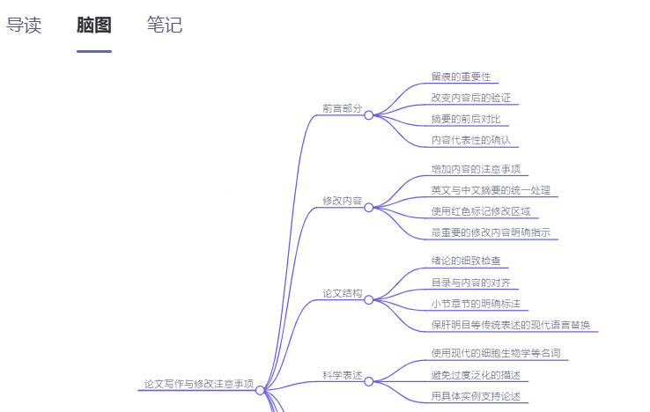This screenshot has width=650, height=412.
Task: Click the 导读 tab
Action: (x=24, y=25)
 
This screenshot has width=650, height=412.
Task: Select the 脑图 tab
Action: (x=94, y=25)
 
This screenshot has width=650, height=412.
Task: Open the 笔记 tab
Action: (x=165, y=25)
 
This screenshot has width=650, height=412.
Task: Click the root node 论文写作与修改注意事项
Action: (x=198, y=385)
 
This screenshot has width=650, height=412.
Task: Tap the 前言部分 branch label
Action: (x=342, y=108)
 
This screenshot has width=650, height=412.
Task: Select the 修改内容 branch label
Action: (x=342, y=201)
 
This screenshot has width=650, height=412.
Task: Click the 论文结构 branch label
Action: (x=342, y=293)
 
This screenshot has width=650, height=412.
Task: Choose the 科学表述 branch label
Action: (x=342, y=375)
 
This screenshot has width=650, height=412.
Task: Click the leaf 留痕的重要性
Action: (x=461, y=77)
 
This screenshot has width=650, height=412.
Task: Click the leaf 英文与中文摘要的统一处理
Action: (x=492, y=190)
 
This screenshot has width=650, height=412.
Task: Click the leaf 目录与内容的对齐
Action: (x=471, y=283)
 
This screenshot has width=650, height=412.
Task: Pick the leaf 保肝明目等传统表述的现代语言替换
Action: (x=511, y=325)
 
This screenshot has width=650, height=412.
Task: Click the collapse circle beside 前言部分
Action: (x=369, y=114)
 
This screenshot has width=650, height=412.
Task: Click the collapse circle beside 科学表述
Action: (x=369, y=381)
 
